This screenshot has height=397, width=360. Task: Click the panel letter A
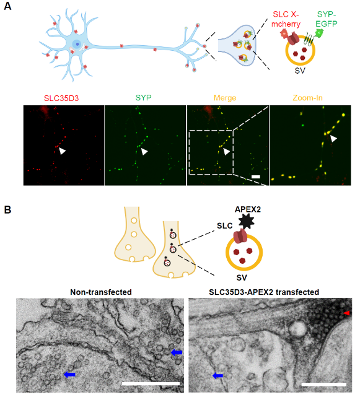[7, 6]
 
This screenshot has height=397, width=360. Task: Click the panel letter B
[7, 210]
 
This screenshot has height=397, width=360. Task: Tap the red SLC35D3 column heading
[61, 98]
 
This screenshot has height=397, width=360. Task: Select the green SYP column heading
[143, 98]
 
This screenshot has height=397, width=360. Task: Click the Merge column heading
[225, 98]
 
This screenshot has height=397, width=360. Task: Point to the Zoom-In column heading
[307, 98]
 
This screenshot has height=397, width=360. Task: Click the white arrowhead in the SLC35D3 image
[62, 151]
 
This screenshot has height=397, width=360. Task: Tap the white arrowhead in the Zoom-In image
[333, 138]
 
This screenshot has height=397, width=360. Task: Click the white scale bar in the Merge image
[256, 177]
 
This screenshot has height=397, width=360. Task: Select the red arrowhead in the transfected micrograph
[346, 313]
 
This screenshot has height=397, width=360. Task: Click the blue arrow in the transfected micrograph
[218, 376]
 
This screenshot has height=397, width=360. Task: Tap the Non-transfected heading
[101, 292]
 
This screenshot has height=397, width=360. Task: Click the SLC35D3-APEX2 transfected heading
[264, 292]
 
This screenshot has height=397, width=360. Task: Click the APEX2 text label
[248, 209]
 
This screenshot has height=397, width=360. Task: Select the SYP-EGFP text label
[327, 19]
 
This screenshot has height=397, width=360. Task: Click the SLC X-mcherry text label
[286, 19]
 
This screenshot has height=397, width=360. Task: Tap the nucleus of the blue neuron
[77, 45]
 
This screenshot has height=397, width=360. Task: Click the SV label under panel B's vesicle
[242, 277]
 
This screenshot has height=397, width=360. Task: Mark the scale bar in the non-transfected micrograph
[151, 384]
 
